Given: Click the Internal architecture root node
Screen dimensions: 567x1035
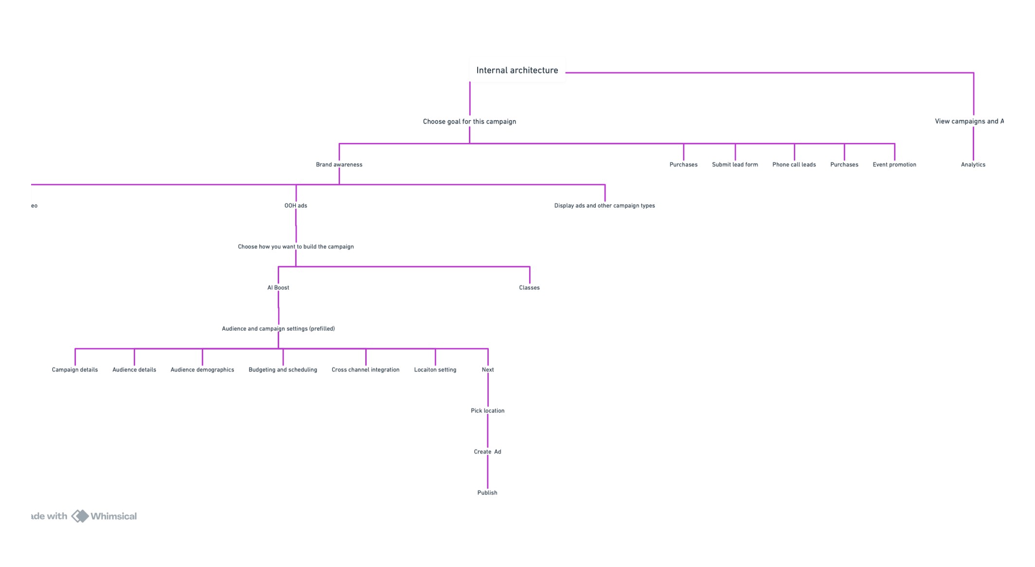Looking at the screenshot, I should [x=517, y=71].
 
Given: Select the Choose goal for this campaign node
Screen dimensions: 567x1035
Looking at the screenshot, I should [x=469, y=122].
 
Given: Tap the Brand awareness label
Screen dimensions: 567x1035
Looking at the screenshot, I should [x=339, y=165].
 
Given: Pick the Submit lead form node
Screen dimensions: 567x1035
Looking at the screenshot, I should [x=734, y=165].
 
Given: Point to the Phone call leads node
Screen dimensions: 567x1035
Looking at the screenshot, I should [x=794, y=165].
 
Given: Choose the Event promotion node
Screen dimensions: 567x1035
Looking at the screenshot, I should [x=894, y=165].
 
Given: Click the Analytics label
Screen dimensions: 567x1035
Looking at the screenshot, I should [x=973, y=165].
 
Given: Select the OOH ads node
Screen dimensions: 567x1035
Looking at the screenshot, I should [x=296, y=206].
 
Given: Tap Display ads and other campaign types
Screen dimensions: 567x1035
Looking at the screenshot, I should [x=604, y=206].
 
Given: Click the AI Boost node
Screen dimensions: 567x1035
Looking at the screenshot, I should [x=278, y=288].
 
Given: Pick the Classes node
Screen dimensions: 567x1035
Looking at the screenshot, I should [x=529, y=288].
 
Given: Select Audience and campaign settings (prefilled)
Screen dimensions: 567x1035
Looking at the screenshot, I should [x=278, y=329].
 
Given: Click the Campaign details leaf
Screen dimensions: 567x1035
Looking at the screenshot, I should [x=75, y=370].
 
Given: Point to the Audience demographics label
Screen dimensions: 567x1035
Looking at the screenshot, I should [x=202, y=370].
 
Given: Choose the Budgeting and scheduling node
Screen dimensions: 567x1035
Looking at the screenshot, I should [x=283, y=370].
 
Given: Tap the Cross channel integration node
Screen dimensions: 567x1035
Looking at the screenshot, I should [x=365, y=370].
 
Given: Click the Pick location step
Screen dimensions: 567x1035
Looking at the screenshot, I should [x=487, y=411].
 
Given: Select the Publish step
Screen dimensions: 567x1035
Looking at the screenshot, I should [x=487, y=493].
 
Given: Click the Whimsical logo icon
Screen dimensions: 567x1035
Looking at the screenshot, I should [x=80, y=516].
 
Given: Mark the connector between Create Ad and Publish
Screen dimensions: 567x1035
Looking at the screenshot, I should [x=487, y=472].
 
